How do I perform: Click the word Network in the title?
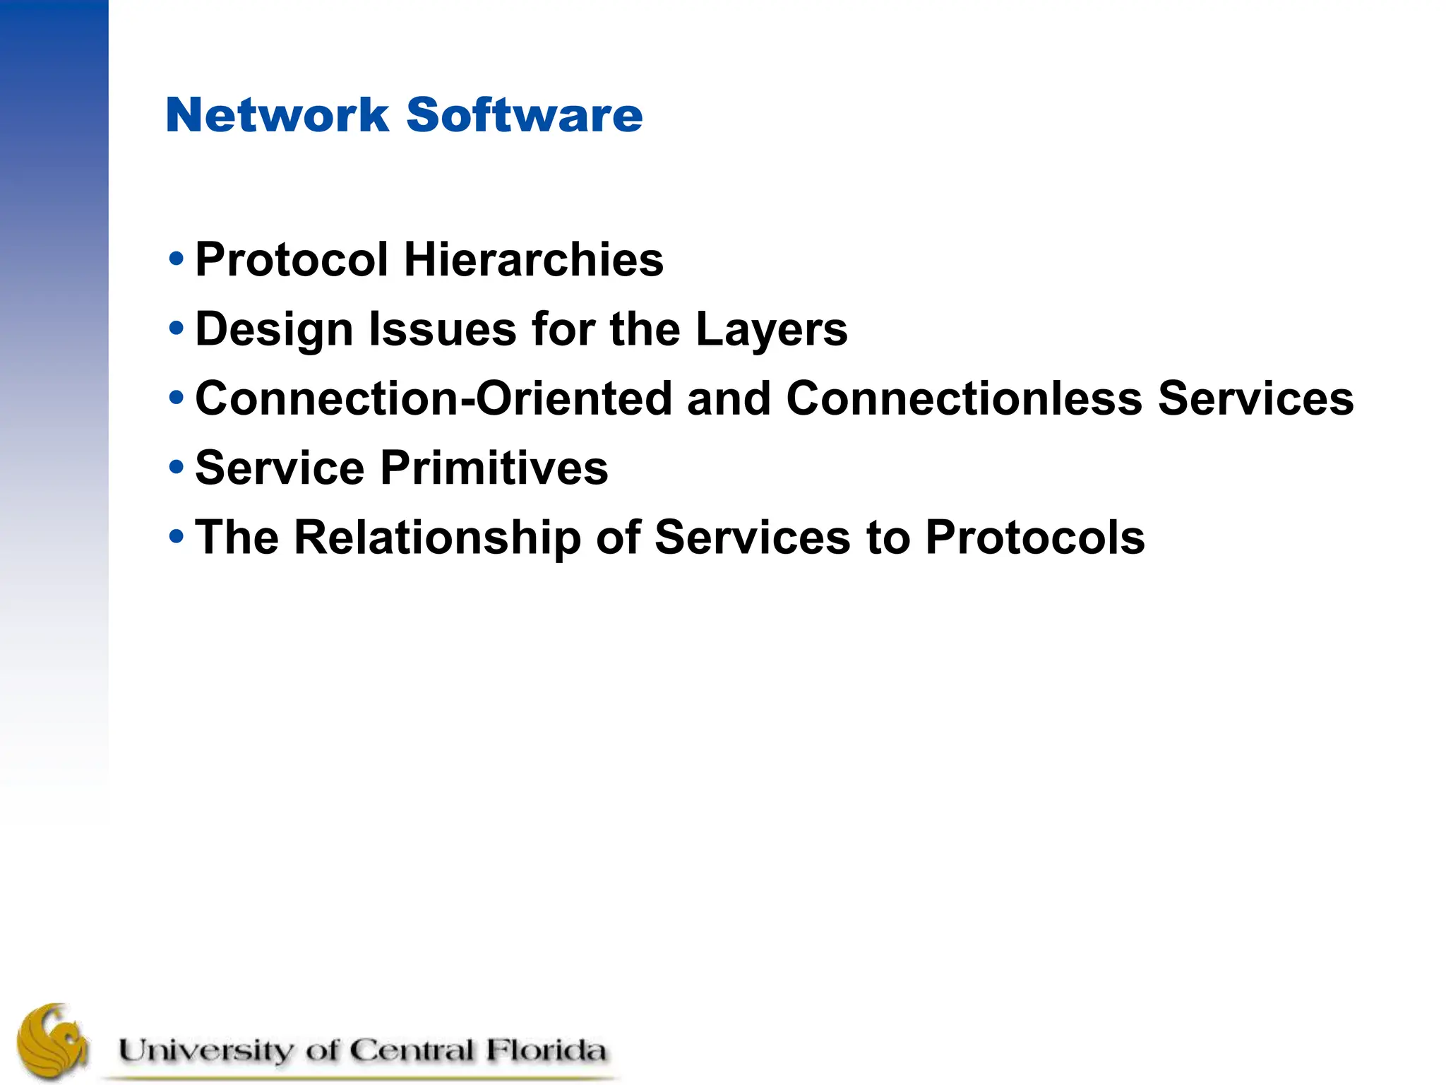277,114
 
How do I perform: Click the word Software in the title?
525,114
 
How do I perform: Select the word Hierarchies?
533,259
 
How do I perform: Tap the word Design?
274,330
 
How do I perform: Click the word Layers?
771,330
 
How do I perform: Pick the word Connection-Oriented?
434,398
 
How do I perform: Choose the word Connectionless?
964,398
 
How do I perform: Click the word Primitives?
494,468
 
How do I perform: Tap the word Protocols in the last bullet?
1035,538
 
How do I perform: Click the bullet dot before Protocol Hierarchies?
177,259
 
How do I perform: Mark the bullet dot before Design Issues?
177,328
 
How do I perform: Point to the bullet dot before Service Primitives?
177,467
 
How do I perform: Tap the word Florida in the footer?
545,1050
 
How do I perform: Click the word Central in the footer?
411,1050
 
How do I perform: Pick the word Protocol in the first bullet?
292,259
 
